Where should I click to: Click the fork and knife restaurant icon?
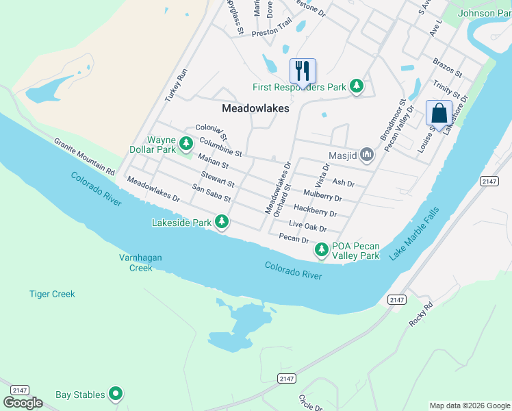coord(303,71)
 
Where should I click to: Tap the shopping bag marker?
coord(439,113)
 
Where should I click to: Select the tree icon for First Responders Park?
coord(356,86)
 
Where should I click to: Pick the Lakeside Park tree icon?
coord(221,222)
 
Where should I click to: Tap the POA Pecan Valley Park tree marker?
coord(321,251)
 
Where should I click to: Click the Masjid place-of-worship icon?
coord(367,155)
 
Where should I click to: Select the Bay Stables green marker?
coord(116,394)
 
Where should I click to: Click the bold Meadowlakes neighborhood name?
coord(255,108)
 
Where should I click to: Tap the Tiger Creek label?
coord(52,294)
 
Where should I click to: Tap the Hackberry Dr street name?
coord(315,210)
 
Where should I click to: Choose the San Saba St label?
coord(212,193)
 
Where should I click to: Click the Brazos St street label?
coord(448,68)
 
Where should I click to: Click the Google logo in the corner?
coord(23,402)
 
